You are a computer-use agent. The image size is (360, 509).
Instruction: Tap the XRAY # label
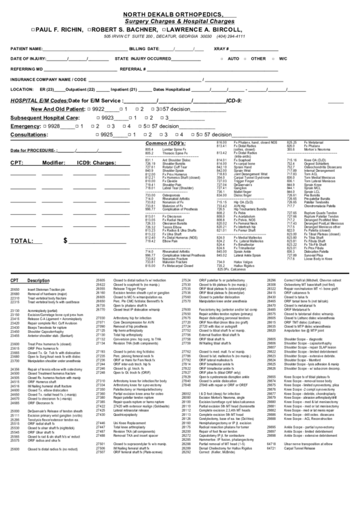pyautogui.click(x=221, y=50)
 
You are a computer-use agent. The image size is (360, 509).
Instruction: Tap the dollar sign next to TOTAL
pyautogui.click(x=66, y=241)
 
